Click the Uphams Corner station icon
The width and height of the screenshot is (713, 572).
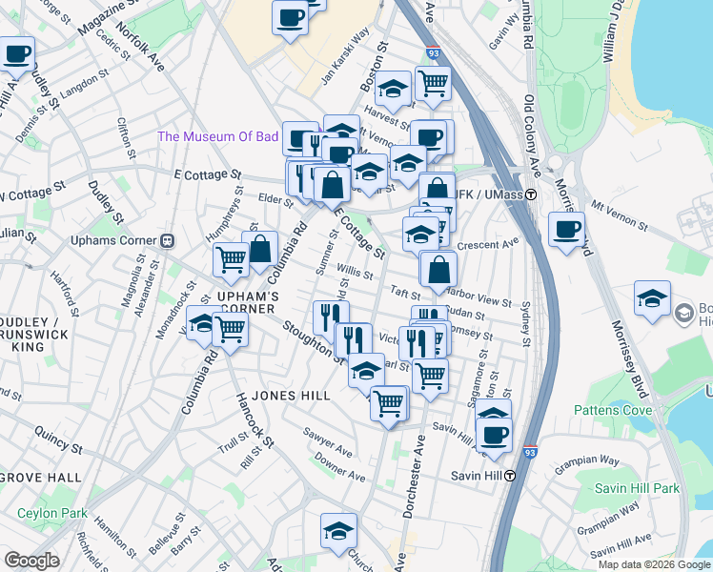click(168, 240)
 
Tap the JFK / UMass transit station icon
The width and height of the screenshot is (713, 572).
click(531, 195)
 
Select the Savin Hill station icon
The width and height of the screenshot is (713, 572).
click(510, 475)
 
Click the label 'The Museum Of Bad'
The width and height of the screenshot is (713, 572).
click(218, 136)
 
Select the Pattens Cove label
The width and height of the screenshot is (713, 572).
click(613, 410)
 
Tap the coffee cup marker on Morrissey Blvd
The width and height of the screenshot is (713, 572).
click(567, 230)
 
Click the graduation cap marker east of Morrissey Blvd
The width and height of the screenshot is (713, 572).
click(653, 297)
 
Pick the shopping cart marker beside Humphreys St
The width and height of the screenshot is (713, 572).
click(231, 258)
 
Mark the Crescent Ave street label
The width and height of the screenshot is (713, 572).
click(487, 245)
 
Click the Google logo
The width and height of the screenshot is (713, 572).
click(31, 561)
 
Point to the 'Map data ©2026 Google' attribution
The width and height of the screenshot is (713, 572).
click(653, 564)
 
